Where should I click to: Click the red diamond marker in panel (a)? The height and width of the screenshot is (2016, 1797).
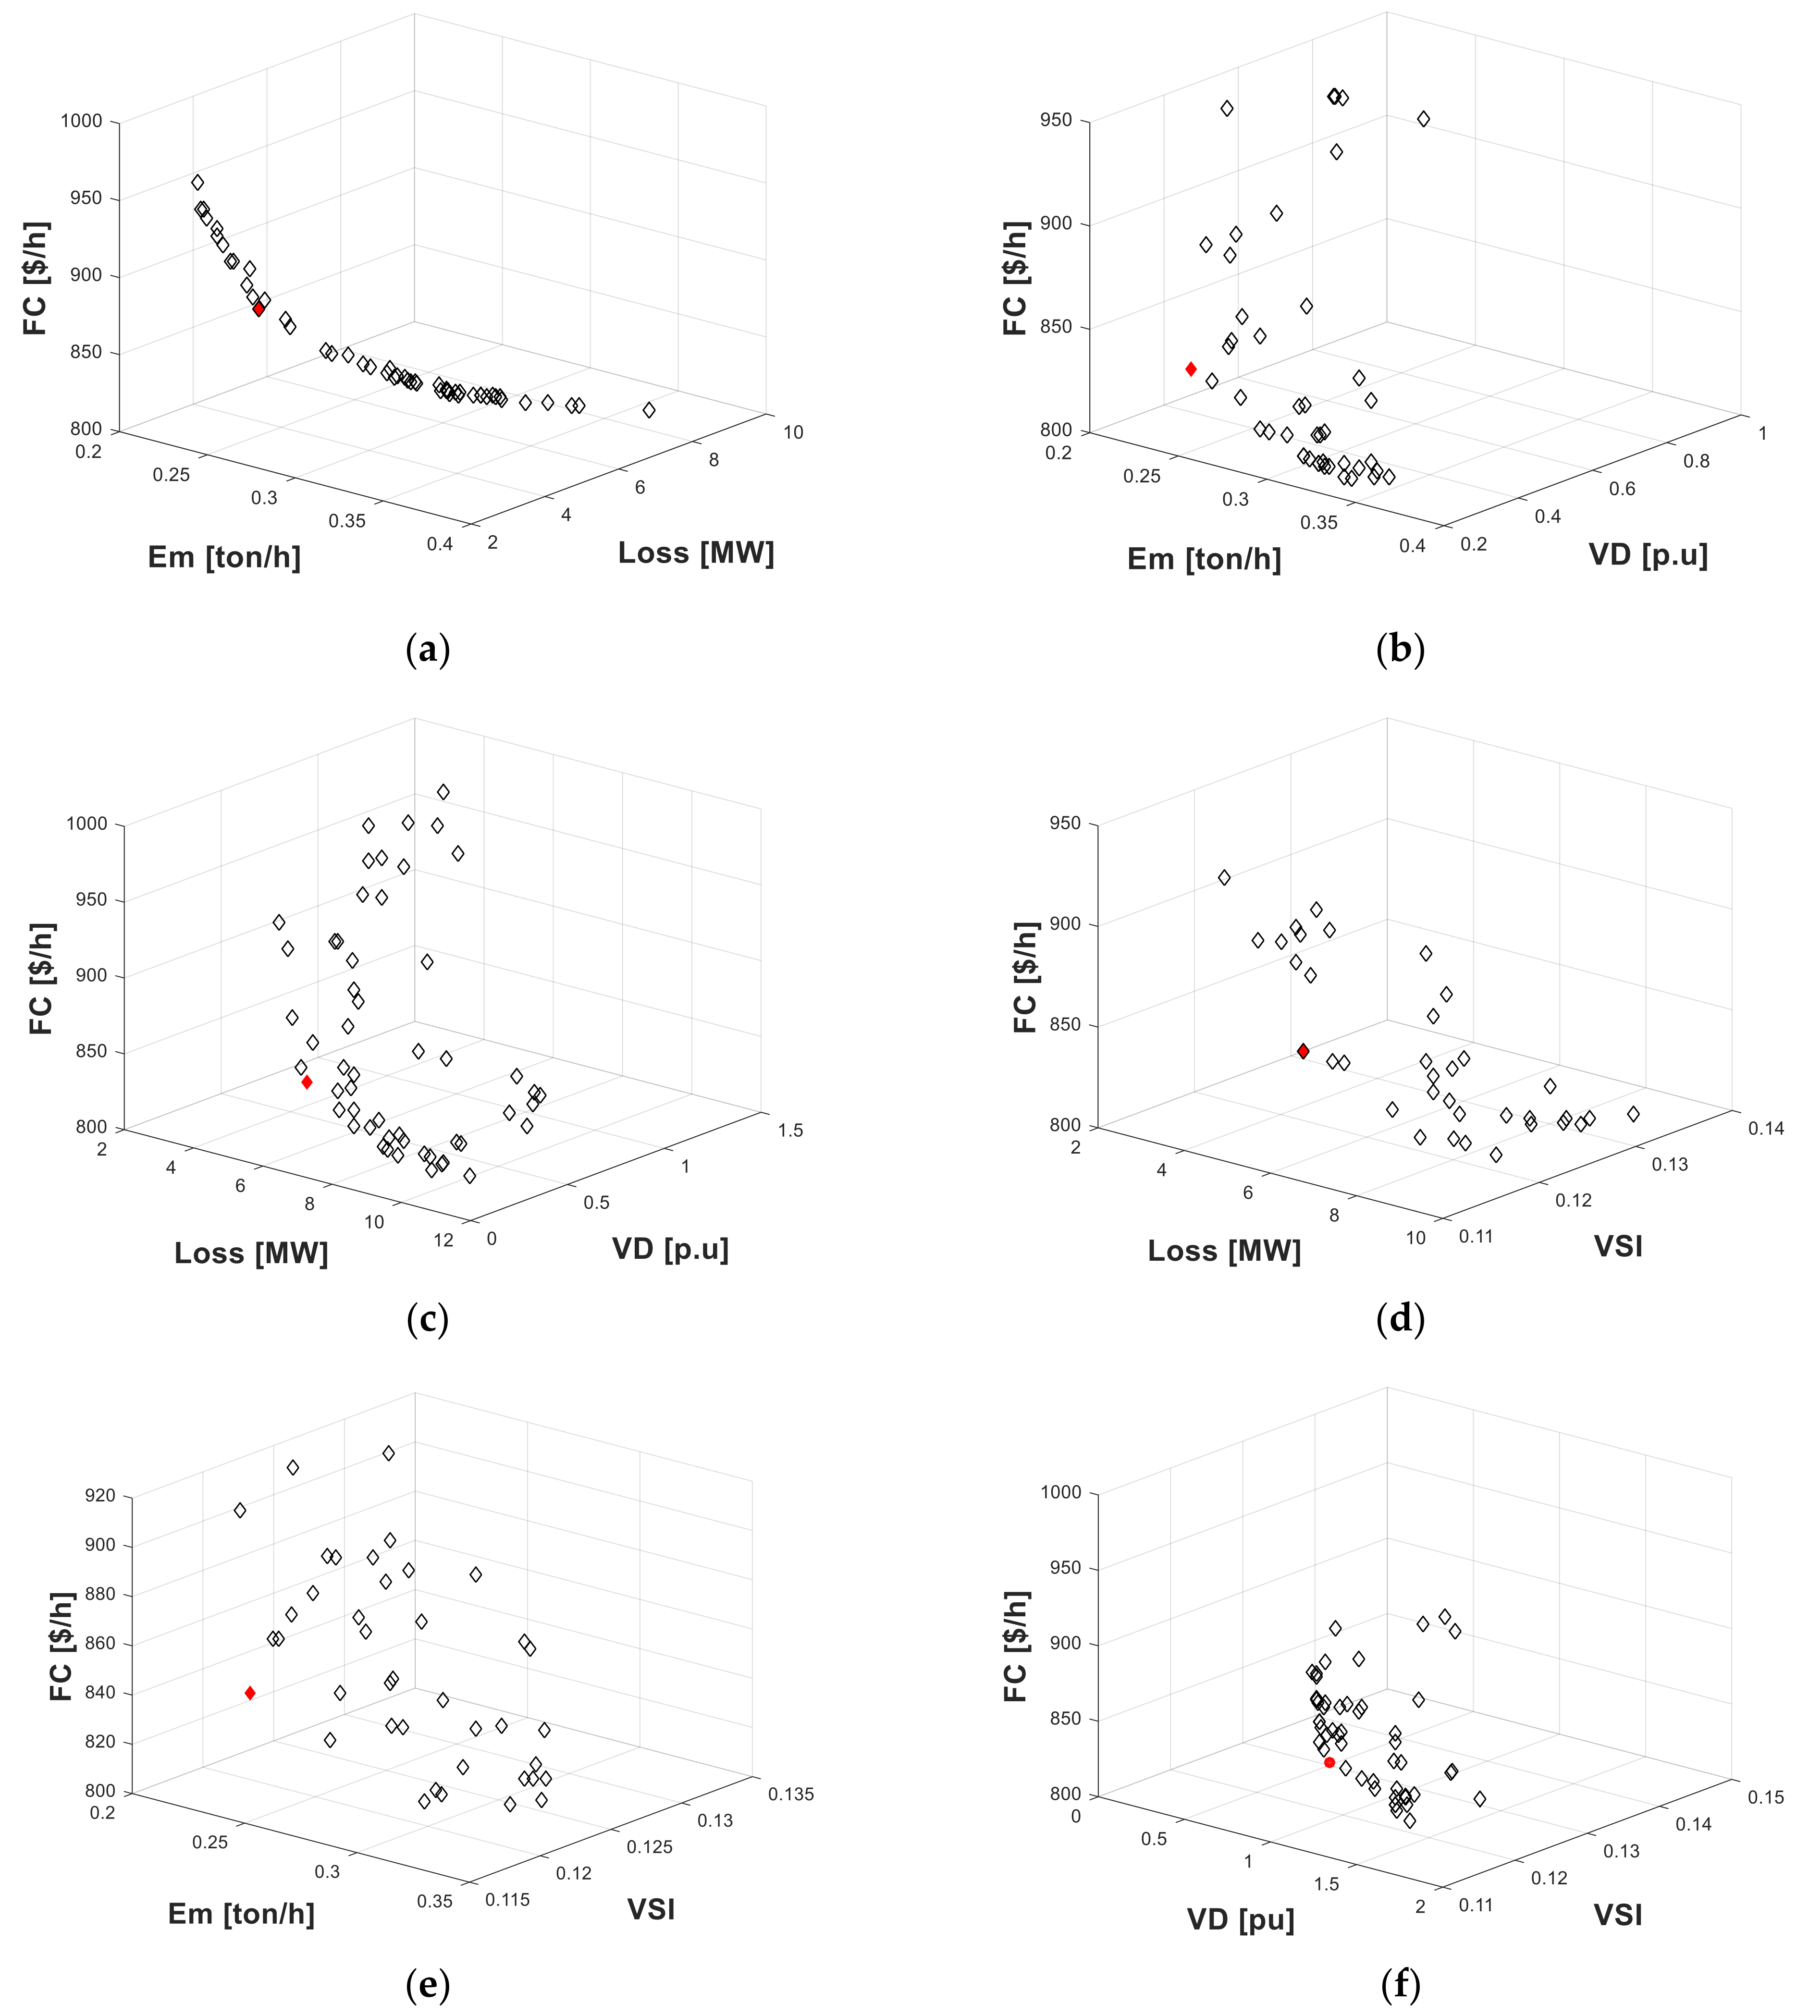pos(258,309)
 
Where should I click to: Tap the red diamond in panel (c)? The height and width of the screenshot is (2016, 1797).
pos(307,1082)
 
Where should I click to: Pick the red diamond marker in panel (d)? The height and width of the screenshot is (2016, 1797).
pos(1304,1051)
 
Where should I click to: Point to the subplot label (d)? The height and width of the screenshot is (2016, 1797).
pos(1400,1319)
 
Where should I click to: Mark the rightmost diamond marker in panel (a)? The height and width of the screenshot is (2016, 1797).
pos(649,410)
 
